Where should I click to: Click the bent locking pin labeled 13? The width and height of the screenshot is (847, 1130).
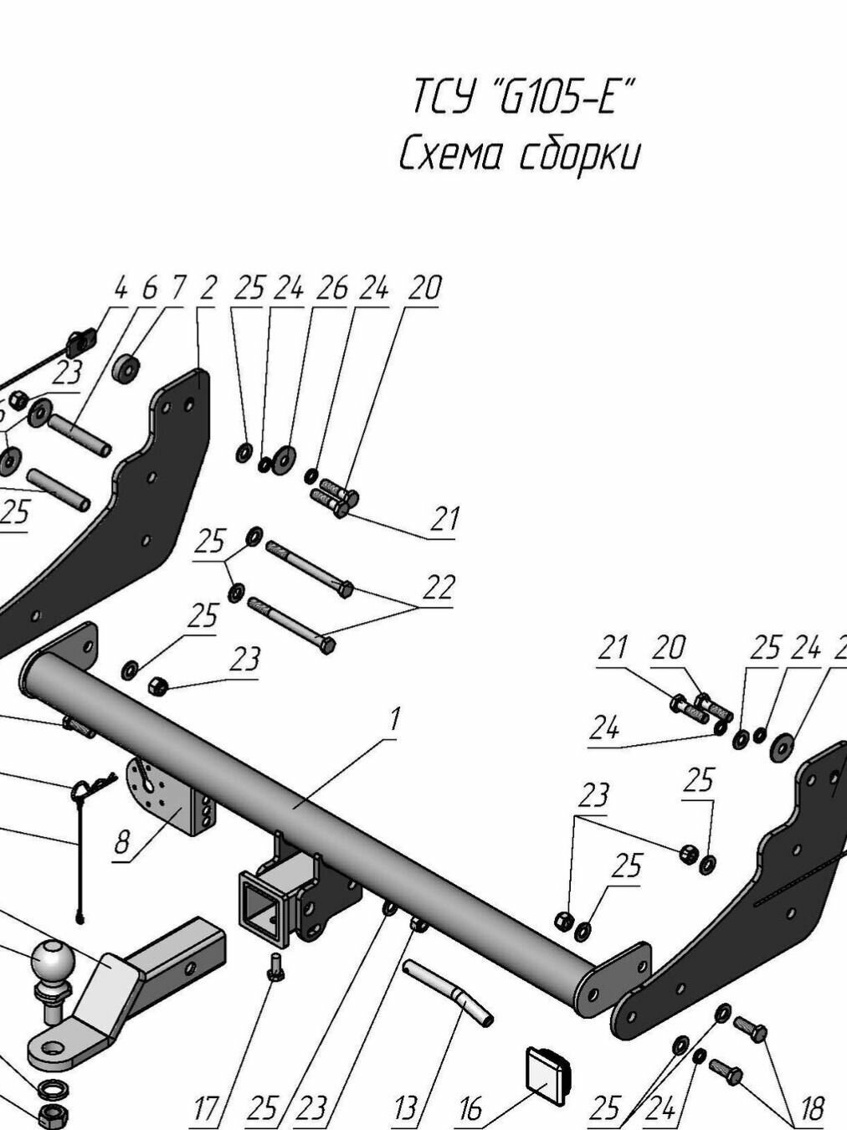(449, 991)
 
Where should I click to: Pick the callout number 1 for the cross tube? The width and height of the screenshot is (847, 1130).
(395, 718)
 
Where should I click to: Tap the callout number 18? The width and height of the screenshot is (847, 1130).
(811, 1108)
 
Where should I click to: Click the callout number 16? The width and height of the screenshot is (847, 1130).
(470, 1109)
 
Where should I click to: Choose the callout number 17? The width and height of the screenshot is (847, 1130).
(206, 1109)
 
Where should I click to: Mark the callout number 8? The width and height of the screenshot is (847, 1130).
(122, 843)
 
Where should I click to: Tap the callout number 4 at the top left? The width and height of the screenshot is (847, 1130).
(121, 289)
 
